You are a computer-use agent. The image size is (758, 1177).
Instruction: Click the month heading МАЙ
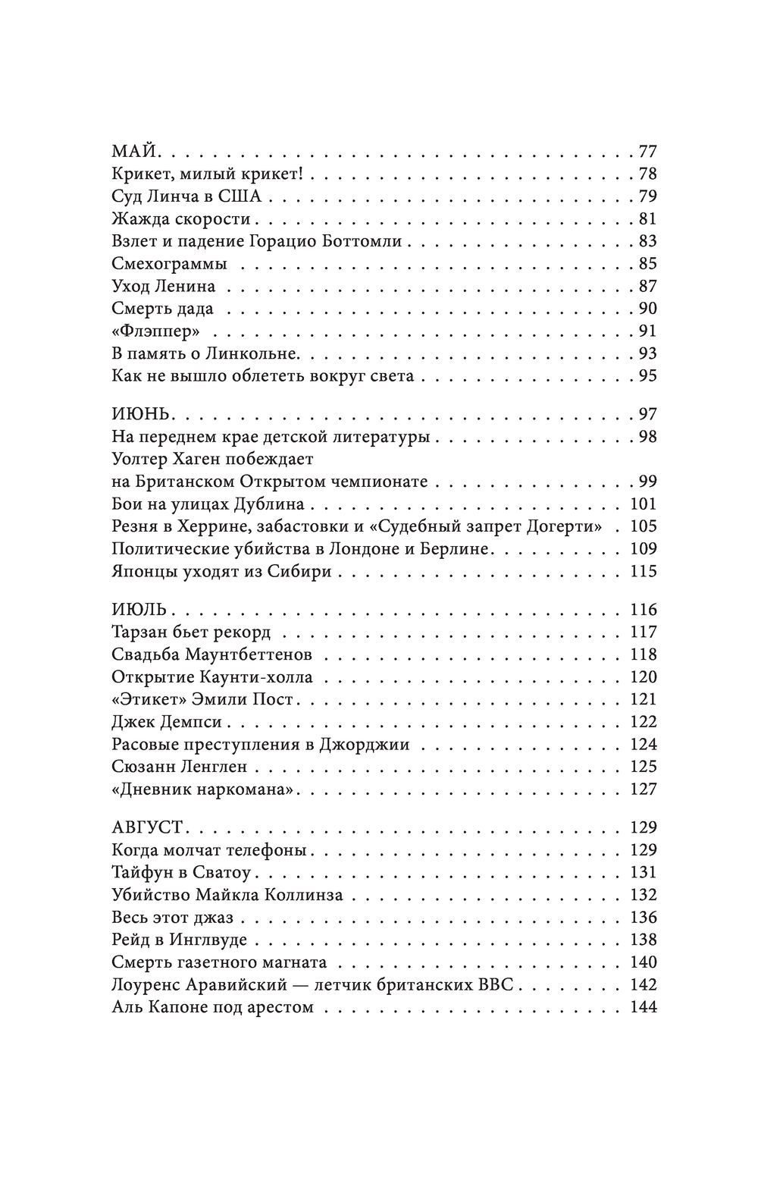click(x=133, y=152)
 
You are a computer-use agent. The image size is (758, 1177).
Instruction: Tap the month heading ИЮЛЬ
click(x=139, y=610)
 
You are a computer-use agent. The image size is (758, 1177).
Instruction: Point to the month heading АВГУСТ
click(x=150, y=828)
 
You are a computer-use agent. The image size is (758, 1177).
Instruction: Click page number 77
click(x=647, y=152)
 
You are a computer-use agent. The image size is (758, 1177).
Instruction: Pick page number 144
click(x=643, y=1009)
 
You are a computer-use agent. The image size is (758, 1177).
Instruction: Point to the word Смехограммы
click(x=169, y=265)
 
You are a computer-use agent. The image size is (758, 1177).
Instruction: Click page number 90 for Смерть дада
click(x=647, y=309)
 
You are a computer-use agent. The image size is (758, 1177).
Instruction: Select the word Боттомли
click(x=369, y=242)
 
